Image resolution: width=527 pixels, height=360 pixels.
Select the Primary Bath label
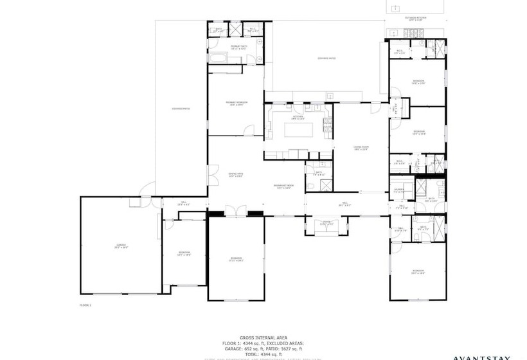(x=235, y=47)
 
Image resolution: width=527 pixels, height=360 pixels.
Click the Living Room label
(x=360, y=148)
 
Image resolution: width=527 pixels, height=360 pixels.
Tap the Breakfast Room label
(x=283, y=187)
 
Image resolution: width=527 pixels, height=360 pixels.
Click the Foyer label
(x=326, y=224)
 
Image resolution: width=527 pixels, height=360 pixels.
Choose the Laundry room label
(x=398, y=190)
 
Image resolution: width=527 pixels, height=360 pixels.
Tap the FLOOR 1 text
(x=85, y=304)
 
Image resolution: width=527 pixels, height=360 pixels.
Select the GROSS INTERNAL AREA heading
(x=263, y=337)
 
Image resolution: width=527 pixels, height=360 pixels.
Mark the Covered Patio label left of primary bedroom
(x=181, y=109)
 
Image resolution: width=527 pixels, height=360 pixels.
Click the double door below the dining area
(x=236, y=210)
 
